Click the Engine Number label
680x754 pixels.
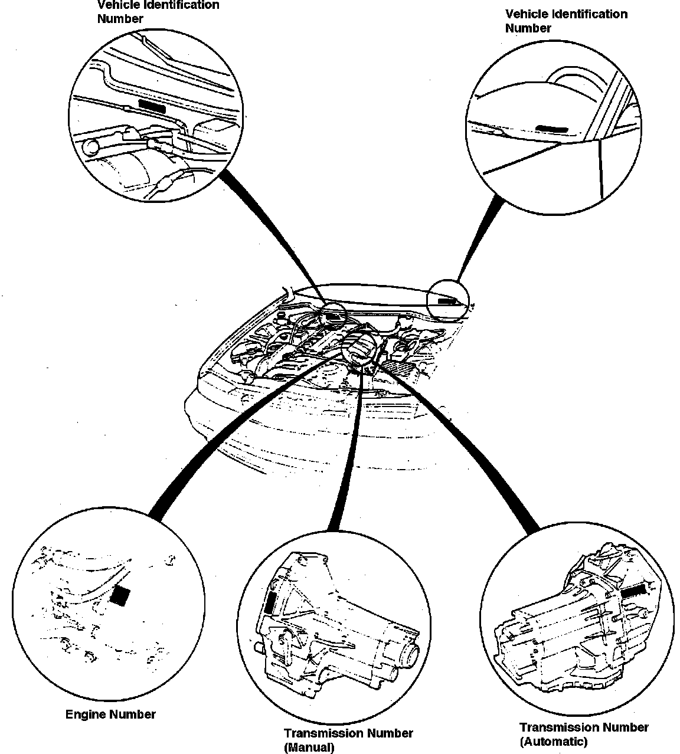click(110, 714)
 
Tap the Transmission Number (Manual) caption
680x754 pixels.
click(348, 740)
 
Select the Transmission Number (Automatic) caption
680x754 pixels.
click(584, 735)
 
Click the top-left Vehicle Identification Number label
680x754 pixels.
click(158, 11)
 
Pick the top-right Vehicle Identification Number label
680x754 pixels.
click(566, 21)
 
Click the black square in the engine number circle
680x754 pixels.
click(120, 596)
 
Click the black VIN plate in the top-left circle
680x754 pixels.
click(152, 106)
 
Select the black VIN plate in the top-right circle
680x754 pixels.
click(553, 128)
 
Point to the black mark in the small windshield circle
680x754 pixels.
click(446, 300)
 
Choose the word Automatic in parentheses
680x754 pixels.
click(553, 742)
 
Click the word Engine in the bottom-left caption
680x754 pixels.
click(86, 714)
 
